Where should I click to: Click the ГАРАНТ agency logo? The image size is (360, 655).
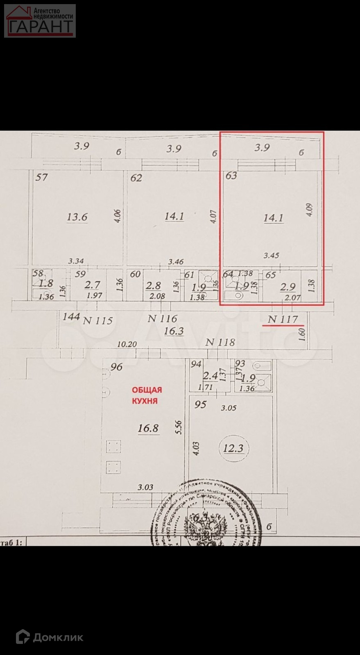[40, 20]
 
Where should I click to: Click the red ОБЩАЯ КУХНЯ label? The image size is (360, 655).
[146, 395]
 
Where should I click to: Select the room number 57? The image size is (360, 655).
[41, 177]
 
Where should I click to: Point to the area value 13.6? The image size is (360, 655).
[77, 217]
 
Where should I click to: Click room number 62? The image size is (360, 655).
[136, 178]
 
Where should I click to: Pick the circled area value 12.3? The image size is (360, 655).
[233, 448]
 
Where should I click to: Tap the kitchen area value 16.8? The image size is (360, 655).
[148, 428]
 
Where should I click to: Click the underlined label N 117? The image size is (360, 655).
[283, 319]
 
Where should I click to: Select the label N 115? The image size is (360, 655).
[97, 321]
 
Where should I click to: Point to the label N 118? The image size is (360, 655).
[220, 342]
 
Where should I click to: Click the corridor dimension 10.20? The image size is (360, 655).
[127, 344]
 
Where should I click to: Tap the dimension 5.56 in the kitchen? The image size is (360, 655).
[178, 428]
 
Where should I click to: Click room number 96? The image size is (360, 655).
[116, 367]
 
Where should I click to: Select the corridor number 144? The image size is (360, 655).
[71, 316]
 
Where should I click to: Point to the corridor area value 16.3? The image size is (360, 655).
[174, 331]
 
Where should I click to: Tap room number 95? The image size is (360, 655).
[200, 404]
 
